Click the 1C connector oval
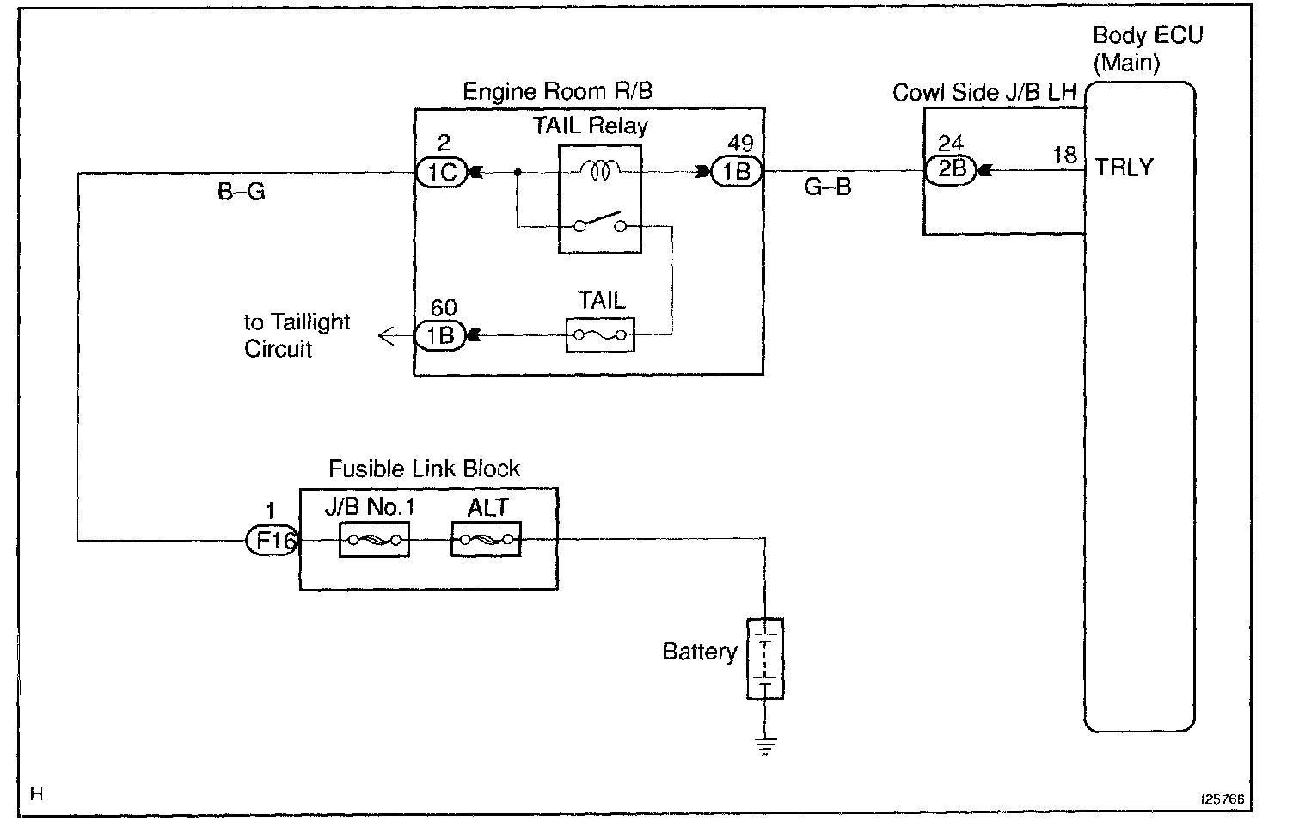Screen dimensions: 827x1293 tap(442, 173)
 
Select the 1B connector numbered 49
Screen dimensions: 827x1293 tap(737, 173)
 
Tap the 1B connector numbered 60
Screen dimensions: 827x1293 tap(440, 335)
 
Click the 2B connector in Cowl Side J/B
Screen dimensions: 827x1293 tap(951, 169)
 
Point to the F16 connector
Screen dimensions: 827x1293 tap(272, 541)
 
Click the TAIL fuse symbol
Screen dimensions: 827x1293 tap(600, 335)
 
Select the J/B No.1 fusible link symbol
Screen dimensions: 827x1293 tap(374, 541)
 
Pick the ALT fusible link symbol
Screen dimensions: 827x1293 tap(487, 541)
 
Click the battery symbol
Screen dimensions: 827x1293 tap(764, 659)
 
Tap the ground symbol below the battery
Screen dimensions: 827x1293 tap(764, 746)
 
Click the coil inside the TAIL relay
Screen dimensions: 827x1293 tap(599, 172)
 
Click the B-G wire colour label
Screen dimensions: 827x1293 tap(242, 193)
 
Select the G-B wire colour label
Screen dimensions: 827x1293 tap(827, 187)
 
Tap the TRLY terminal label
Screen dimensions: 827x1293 tap(1124, 168)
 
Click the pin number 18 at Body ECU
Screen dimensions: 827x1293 tap(1064, 155)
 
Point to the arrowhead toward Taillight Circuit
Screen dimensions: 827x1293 tap(386, 336)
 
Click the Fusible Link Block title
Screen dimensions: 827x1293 tap(424, 469)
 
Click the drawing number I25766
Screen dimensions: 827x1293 tap(1223, 799)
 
